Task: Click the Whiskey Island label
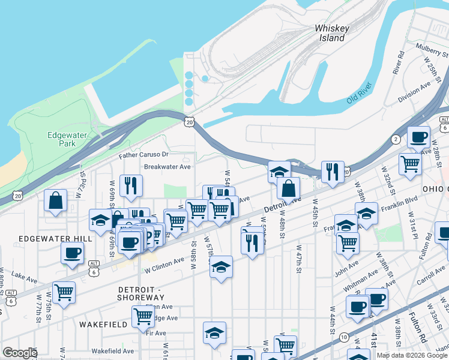coord(331,33)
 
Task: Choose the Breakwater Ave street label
coord(166,167)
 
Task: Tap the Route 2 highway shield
coord(396,139)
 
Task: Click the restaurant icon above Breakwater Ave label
coord(131,185)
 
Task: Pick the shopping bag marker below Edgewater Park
coord(55,201)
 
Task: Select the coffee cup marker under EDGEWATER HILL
coord(72,253)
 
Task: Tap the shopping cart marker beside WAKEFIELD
coord(143,316)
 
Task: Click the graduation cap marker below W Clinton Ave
coord(221,266)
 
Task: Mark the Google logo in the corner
coord(20,353)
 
